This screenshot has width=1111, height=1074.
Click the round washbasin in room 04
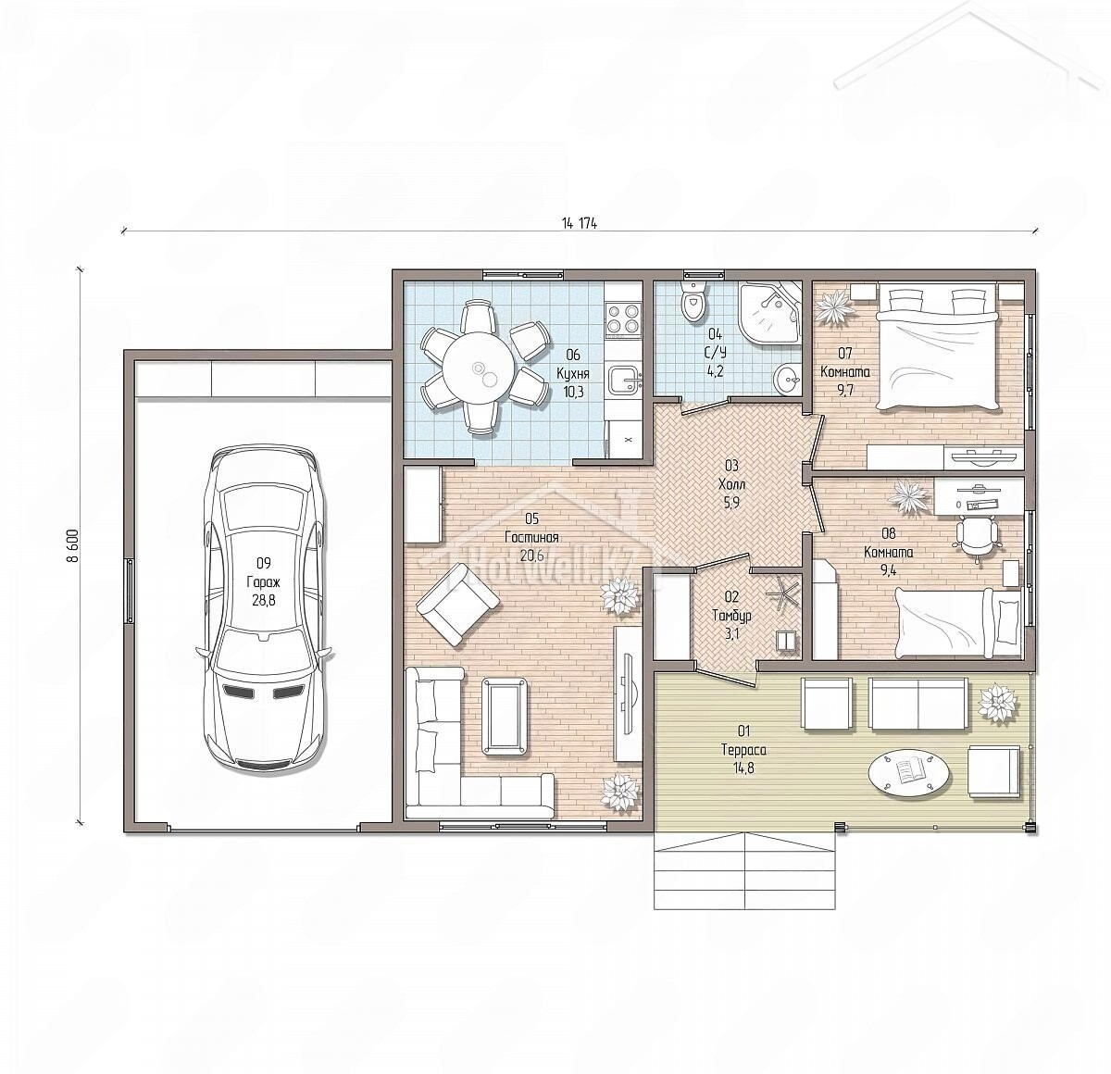coord(789,379)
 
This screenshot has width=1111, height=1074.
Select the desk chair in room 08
coord(976,535)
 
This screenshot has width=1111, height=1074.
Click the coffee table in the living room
coord(506,718)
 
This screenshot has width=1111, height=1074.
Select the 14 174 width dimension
coord(579,224)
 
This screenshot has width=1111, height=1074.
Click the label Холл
coord(731,485)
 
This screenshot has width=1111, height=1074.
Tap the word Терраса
coord(743,750)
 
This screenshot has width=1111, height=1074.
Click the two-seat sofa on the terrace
coord(918,703)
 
